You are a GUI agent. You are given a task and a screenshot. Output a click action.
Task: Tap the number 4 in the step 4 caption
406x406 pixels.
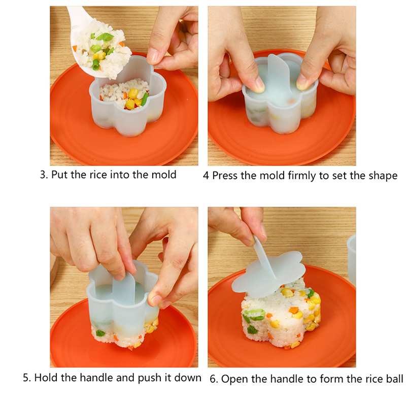point(206,176)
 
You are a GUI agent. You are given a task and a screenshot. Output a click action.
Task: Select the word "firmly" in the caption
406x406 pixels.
point(302,176)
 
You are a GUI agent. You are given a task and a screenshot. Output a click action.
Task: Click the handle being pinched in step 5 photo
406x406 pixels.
point(125,287)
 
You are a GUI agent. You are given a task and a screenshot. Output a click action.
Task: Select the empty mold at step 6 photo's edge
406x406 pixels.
point(351,259)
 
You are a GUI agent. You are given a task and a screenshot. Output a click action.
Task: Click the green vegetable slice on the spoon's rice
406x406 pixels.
point(105,37)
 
